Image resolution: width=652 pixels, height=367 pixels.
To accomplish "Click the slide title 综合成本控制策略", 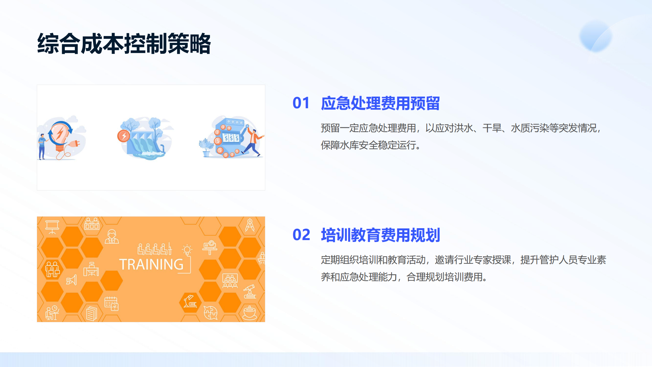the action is tap(124, 44).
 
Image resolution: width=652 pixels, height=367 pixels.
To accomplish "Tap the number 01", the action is tap(301, 103).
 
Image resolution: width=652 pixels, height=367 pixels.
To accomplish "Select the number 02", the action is tap(301, 235).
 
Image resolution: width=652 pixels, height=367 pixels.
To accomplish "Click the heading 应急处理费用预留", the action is tap(380, 103).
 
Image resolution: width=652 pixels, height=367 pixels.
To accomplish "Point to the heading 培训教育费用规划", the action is tap(380, 235).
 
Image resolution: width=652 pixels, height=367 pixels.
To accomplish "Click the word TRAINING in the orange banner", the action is tap(151, 264).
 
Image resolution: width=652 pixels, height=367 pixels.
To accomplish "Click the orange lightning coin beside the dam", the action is tap(123, 136).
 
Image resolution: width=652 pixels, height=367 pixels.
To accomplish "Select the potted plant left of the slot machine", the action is tap(206, 148).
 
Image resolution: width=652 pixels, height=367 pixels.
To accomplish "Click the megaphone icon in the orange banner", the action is tap(71, 280).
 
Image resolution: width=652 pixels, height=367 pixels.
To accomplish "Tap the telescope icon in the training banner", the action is tap(250, 291).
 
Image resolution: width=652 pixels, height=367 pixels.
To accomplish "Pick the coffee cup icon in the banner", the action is tap(249, 312).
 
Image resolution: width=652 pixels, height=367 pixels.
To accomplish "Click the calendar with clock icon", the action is tap(112, 303).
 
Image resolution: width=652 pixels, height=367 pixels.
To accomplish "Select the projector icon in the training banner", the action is tap(210, 247).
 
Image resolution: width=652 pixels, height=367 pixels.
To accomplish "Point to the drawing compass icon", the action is tap(250, 225).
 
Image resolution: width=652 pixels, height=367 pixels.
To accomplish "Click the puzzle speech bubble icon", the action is tap(210, 313).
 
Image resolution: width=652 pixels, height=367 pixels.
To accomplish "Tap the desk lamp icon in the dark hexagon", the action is tap(190, 301).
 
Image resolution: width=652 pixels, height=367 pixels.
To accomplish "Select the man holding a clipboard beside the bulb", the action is tap(42, 146).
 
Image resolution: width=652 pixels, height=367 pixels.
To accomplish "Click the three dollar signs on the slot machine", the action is tap(231, 138).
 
